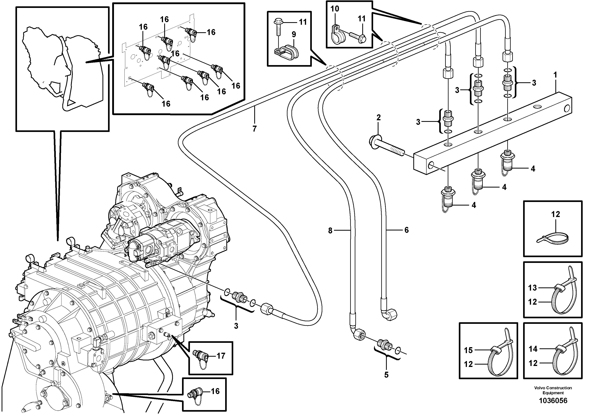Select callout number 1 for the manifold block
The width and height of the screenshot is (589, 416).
(x=555, y=75)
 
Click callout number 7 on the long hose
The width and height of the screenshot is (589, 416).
(x=254, y=129)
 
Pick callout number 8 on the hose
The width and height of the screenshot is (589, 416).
(x=330, y=231)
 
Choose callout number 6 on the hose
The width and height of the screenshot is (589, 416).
(x=406, y=230)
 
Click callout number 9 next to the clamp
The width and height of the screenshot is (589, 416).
(x=294, y=34)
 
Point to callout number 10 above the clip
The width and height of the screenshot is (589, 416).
(x=335, y=9)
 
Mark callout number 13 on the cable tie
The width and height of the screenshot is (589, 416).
(x=532, y=288)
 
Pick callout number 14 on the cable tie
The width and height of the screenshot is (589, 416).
(x=533, y=349)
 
